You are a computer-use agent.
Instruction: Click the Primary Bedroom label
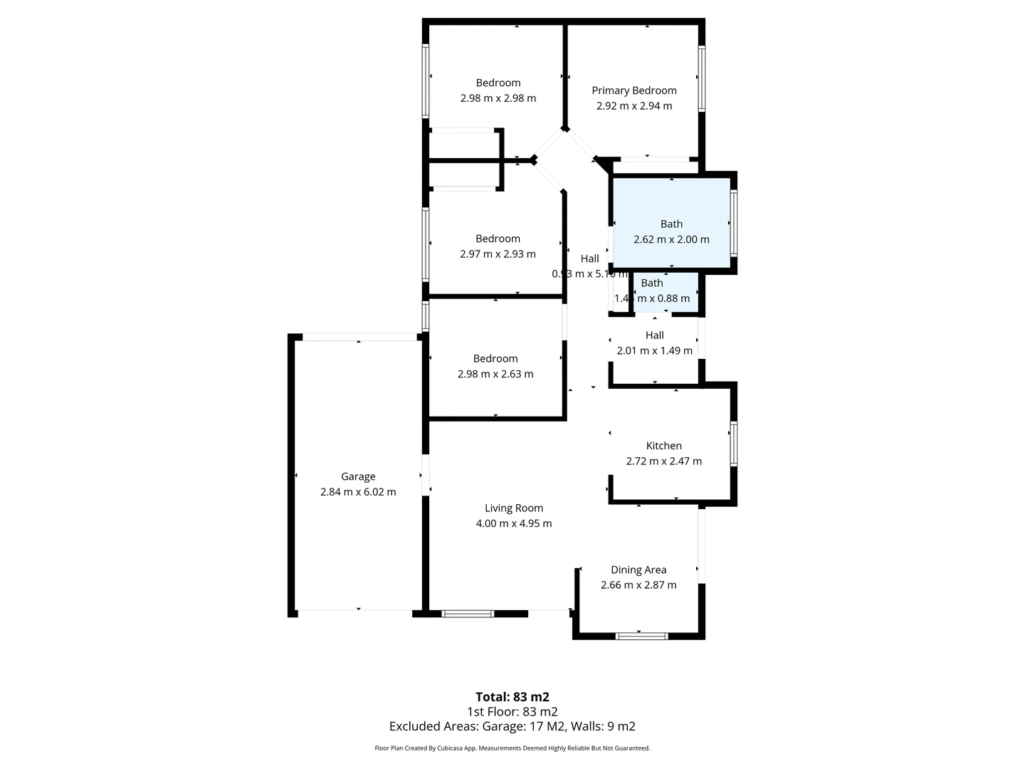[634, 90]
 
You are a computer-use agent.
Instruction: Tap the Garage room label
[358, 476]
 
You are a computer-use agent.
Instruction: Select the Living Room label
[513, 508]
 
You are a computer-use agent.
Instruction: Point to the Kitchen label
[663, 446]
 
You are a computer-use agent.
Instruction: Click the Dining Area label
[638, 570]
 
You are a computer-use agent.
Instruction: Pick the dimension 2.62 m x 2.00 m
[671, 239]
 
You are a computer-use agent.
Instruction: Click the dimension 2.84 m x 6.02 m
[358, 492]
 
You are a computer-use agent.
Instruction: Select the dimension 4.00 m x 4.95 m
[513, 523]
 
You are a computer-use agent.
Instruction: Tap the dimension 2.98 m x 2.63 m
[495, 374]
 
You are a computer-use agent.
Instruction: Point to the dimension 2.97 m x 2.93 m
[498, 254]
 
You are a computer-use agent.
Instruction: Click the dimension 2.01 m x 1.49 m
[654, 350]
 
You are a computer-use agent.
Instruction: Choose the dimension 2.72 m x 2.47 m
[663, 461]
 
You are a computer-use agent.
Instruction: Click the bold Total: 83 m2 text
[512, 697]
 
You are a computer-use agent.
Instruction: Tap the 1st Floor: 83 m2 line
[512, 711]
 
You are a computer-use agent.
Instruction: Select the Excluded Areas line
[512, 726]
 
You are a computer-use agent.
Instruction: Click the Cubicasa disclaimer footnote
[512, 748]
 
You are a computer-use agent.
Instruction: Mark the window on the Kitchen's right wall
[732, 444]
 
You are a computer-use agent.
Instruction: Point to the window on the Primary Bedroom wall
[701, 78]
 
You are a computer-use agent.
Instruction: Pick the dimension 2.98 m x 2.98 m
[498, 98]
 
